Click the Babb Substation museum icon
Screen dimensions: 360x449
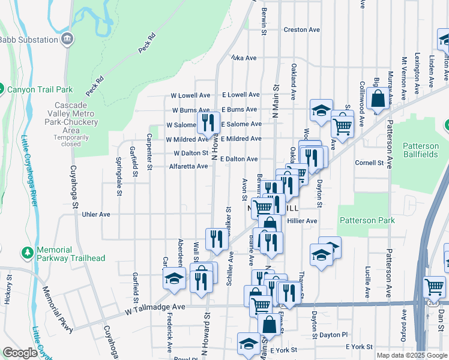(x=67, y=40)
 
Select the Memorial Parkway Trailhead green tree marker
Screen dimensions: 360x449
(x=27, y=252)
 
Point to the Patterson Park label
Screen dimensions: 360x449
(x=367, y=220)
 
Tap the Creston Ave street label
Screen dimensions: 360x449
(x=301, y=29)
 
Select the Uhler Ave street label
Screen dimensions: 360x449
(x=96, y=214)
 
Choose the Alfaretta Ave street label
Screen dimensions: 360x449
(x=188, y=166)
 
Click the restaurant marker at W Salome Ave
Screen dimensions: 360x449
(x=208, y=122)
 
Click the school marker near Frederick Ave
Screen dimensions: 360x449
(x=174, y=278)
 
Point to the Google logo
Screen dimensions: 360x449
(x=20, y=353)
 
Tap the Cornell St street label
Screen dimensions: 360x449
(x=369, y=163)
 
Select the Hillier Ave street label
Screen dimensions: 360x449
(x=302, y=221)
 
